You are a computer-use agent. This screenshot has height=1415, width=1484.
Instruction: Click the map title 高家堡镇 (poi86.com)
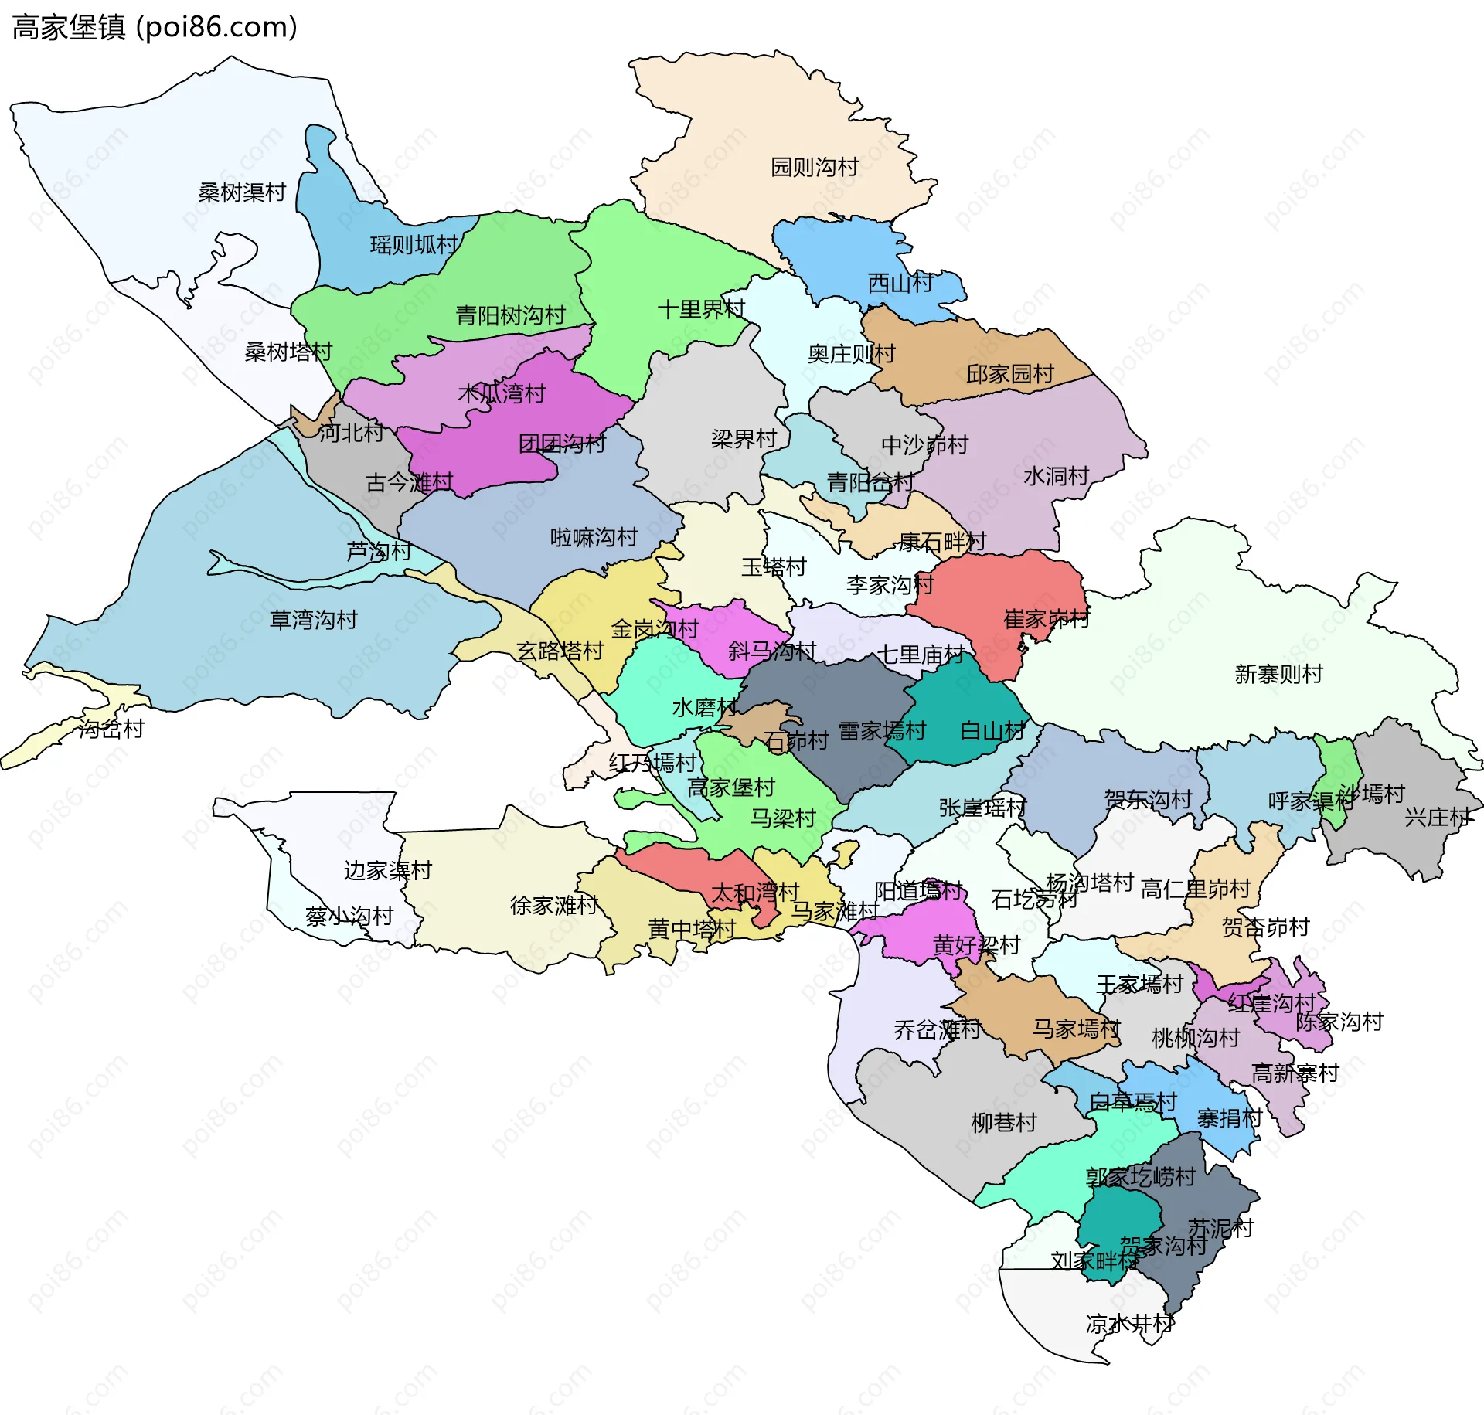pos(155,27)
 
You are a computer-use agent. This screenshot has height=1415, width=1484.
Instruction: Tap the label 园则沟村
pos(815,167)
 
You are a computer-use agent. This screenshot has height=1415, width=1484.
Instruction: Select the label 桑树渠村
pos(242,192)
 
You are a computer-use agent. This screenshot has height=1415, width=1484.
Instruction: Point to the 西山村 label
pos(900,283)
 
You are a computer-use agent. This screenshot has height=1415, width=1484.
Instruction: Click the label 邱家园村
pos(1009,374)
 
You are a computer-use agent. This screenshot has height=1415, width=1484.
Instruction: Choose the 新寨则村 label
pos(1278,674)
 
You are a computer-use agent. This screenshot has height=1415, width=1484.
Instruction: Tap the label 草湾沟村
pos(313,620)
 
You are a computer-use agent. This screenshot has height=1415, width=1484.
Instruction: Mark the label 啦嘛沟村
pos(594,537)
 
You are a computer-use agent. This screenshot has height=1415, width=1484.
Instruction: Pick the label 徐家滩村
pos(553,905)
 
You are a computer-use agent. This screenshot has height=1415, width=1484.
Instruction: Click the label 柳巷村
pos(1003,1122)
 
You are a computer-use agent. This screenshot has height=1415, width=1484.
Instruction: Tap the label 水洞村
pos(1056,476)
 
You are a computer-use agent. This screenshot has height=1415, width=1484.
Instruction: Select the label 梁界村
pos(744,439)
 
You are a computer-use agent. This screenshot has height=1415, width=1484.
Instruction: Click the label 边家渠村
pos(387,871)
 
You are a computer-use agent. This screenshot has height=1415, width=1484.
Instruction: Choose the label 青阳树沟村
pos(510,315)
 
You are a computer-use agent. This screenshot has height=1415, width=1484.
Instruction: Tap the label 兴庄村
pos(1437,817)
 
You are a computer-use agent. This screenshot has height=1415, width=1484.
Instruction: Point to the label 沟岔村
pos(111,729)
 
